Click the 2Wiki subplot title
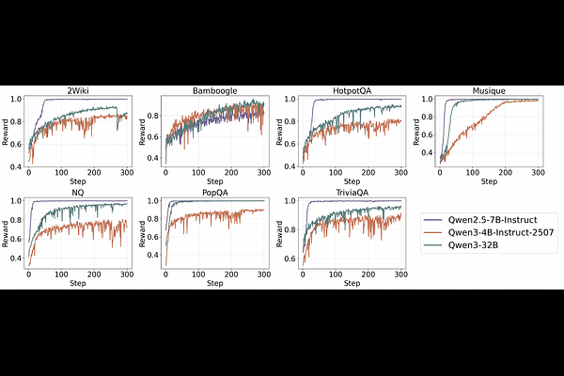pos(79,91)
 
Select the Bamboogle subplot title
pos(213,91)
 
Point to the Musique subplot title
pos(485,91)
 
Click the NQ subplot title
pos(79,193)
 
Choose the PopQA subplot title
pos(213,193)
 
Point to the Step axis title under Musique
pos(485,181)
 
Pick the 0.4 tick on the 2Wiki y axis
pos(18,166)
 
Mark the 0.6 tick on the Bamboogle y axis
pos(152,139)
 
